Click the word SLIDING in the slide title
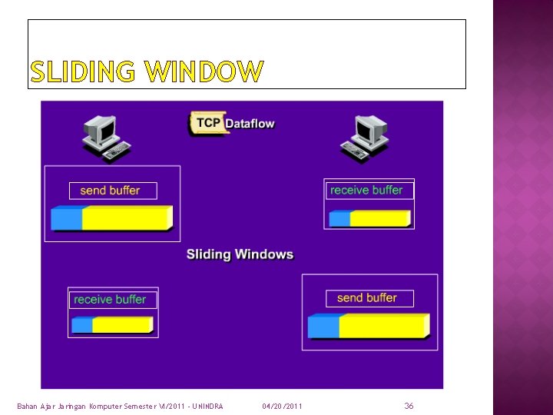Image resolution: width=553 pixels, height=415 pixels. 84,72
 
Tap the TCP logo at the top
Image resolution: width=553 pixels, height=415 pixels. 207,123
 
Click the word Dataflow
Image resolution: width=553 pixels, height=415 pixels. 250,124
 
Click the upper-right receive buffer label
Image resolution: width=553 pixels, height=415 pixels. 367,190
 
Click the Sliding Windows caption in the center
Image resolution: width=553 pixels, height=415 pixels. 240,254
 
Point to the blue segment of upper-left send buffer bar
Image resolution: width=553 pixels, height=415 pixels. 66,218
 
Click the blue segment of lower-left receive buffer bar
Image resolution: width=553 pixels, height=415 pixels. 81,325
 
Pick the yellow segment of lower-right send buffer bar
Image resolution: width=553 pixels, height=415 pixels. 382,326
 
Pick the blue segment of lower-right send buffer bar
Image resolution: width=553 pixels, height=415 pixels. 323,326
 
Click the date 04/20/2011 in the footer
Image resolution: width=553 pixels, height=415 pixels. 282,406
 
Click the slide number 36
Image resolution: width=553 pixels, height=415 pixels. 409,405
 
